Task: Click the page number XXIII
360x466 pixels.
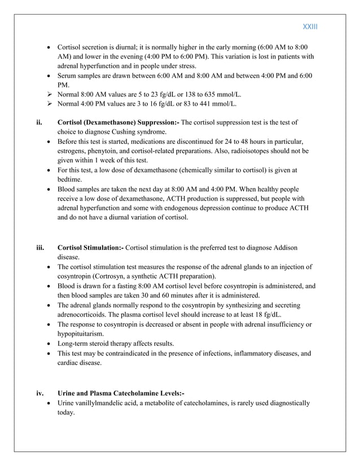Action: tap(311, 27)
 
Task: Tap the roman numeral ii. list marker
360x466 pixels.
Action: tap(39, 122)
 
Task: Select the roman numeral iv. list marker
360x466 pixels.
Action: tap(40, 393)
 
